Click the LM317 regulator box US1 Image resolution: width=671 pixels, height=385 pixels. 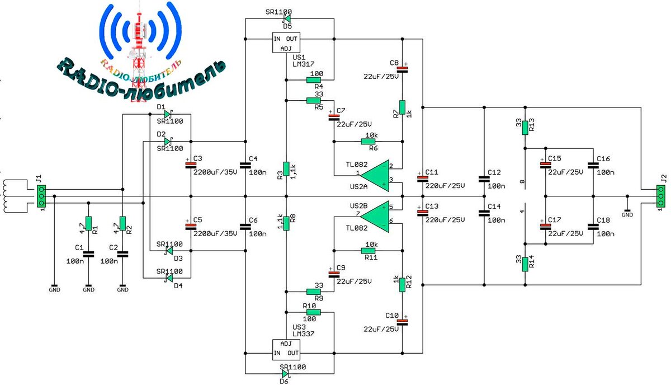coord(286,43)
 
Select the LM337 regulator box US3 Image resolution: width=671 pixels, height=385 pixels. coord(286,349)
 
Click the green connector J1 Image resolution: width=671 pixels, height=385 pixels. coord(42,196)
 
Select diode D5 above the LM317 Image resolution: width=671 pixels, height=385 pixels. coord(287,18)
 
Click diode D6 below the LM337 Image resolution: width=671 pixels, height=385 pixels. coord(286,373)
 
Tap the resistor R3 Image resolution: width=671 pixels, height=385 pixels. coord(286,168)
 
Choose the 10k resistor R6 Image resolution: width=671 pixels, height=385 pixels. coord(370,142)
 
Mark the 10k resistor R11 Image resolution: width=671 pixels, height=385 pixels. coord(370,250)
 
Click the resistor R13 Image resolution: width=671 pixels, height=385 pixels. coord(524,128)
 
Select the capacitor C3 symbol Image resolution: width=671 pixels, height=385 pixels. coord(191,165)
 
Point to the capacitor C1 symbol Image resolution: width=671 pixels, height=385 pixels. coord(88,254)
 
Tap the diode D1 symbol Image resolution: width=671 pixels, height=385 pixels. coord(167,114)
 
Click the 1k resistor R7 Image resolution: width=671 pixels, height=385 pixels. coord(402,108)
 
